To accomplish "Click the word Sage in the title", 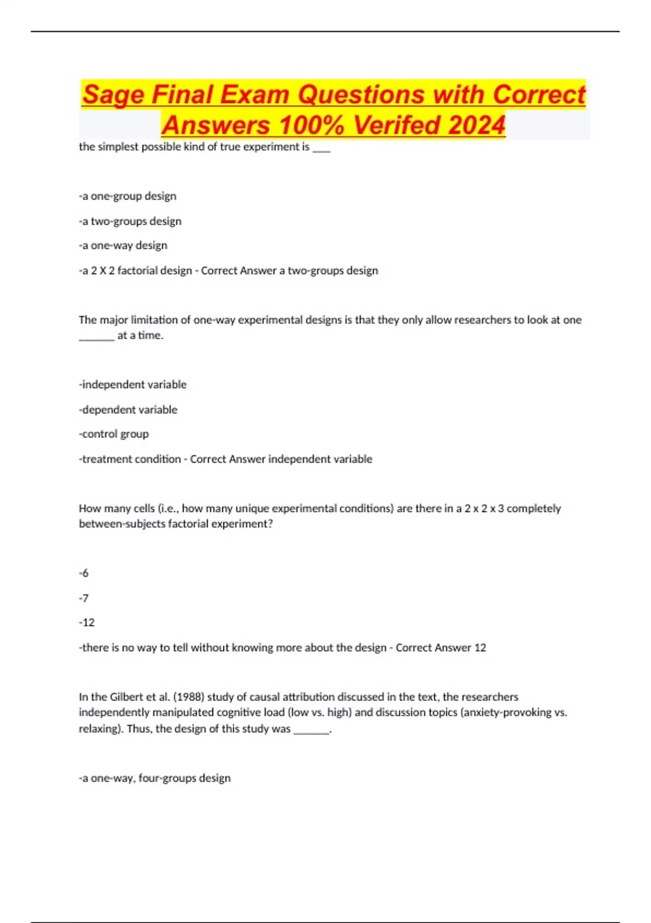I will tap(113, 94).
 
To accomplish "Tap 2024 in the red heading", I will tap(477, 125).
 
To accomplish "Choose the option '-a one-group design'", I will tap(127, 196).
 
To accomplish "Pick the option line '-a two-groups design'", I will tap(130, 221).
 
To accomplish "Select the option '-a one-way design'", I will tap(123, 245).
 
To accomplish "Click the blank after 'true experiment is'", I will tap(321, 148).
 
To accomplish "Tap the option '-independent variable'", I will tap(133, 384).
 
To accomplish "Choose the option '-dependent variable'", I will tap(128, 409).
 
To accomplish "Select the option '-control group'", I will tap(114, 434).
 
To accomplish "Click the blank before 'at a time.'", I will tap(97, 337).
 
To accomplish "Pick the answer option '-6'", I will tap(84, 573).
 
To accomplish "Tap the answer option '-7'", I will tap(84, 598).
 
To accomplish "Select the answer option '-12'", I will tap(87, 622).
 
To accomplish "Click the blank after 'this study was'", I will tap(311, 730).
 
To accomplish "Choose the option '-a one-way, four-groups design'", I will tap(155, 778).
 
